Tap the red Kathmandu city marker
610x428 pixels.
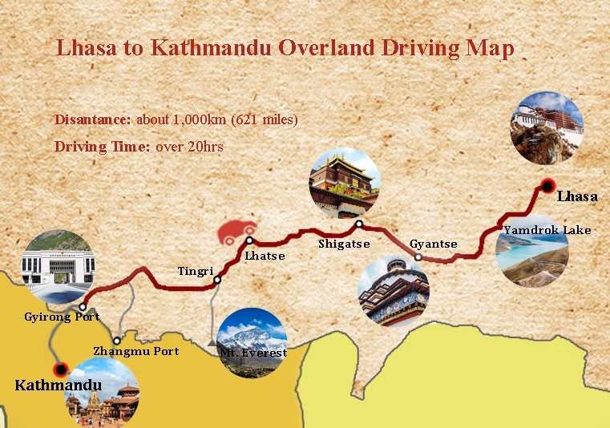pyautogui.click(x=59, y=369)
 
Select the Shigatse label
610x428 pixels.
pyautogui.click(x=343, y=244)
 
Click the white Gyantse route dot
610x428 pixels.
pyautogui.click(x=418, y=257)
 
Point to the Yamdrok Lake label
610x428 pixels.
pyautogui.click(x=547, y=231)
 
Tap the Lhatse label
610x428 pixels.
pyautogui.click(x=265, y=256)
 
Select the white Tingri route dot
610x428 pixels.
pyautogui.click(x=217, y=280)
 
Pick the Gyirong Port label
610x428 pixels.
pyautogui.click(x=62, y=317)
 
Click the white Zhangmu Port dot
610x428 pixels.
pyautogui.click(x=117, y=340)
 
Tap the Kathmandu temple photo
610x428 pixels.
pyautogui.click(x=102, y=394)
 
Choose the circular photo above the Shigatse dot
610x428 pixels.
pyautogui.click(x=345, y=182)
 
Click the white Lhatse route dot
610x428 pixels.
pyautogui.click(x=249, y=240)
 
